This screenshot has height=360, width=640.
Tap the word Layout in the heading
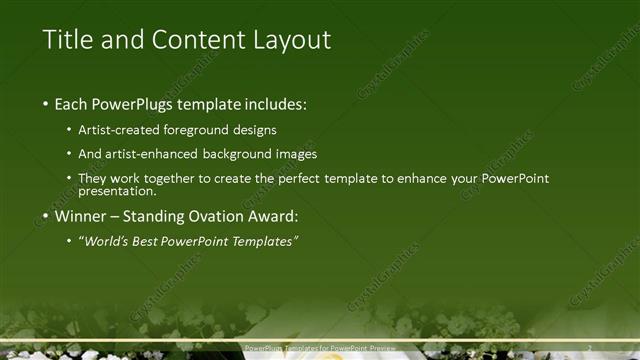pos(290,41)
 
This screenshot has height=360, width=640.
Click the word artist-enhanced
pos(156,154)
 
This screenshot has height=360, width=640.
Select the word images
pos(295,154)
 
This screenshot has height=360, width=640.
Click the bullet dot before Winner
pos(45,215)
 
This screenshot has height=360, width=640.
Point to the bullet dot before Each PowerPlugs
pos(45,104)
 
